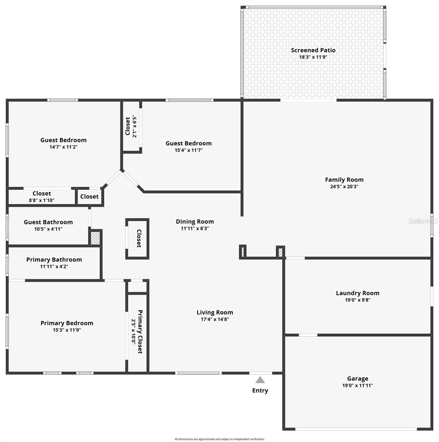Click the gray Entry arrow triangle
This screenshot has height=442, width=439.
(260, 380)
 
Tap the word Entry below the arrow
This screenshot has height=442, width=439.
(260, 390)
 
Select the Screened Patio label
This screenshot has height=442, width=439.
(313, 50)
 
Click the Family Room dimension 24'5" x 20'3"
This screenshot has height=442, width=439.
(344, 186)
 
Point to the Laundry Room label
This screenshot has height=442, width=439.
(358, 293)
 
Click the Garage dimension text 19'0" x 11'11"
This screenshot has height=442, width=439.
(358, 385)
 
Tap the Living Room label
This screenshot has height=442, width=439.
(215, 312)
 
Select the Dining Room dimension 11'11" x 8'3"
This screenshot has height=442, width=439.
(195, 228)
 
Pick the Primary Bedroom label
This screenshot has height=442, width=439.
(67, 323)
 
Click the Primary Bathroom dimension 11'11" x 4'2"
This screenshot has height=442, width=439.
(54, 266)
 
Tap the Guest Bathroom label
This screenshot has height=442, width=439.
(48, 222)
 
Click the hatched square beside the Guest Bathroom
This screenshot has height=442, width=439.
(95, 238)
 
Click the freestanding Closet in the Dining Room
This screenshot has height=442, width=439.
(138, 239)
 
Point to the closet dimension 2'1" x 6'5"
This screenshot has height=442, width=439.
(135, 127)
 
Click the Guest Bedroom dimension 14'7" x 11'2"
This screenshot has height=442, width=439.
(63, 147)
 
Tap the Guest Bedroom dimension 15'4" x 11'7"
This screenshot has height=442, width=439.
(189, 150)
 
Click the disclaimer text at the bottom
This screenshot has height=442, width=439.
(219, 439)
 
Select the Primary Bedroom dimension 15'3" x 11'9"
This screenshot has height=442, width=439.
(67, 330)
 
